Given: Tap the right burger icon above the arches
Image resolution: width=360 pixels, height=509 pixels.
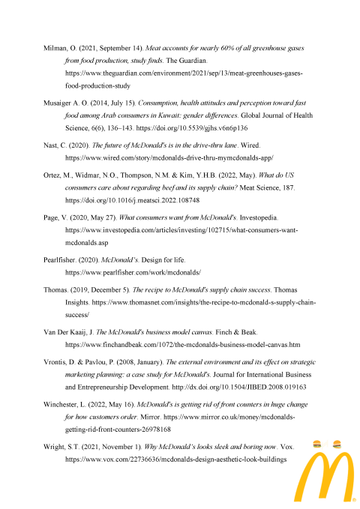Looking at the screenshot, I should pyautogui.click(x=337, y=444).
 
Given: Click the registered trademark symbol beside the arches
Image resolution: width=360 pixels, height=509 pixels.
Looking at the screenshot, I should pyautogui.click(x=352, y=498).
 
